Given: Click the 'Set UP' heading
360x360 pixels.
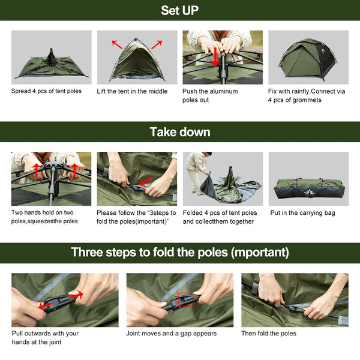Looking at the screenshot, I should pos(179,10).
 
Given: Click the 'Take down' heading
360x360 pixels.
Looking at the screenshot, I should pos(179,131).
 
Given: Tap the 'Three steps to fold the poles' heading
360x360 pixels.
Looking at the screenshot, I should pos(179,252).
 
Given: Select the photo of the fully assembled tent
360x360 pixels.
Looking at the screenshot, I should pos(308,58).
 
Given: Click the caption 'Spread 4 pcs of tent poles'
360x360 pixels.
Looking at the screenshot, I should pos(47,92).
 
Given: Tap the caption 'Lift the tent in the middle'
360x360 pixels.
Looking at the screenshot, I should pos(132,92).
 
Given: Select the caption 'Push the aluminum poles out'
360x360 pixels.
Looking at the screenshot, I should pos(210,95).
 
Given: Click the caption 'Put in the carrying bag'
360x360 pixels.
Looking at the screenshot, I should pos(302,213).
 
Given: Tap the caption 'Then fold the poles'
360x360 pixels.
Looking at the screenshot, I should pos(269,334).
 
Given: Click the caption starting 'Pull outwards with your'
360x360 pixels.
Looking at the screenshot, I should pos(45,337).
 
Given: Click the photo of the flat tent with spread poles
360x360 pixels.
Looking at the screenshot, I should pos(51,58).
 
